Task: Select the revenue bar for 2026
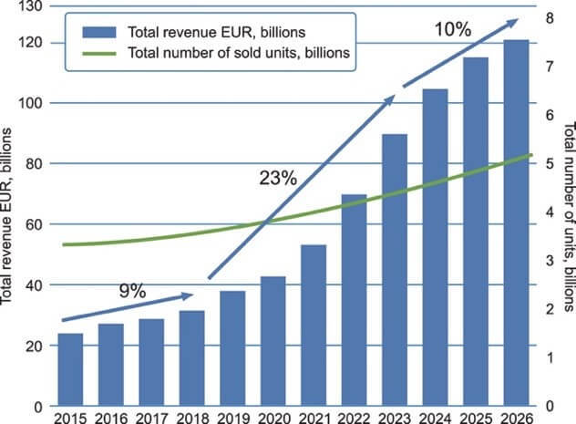coord(517,223)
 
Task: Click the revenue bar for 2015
coord(70,369)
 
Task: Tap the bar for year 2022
coord(354,300)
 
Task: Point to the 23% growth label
coord(278,179)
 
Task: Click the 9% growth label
coord(133,293)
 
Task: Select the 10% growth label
coord(452,30)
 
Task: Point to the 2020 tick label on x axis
coord(273,417)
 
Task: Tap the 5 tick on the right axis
coord(546,164)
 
